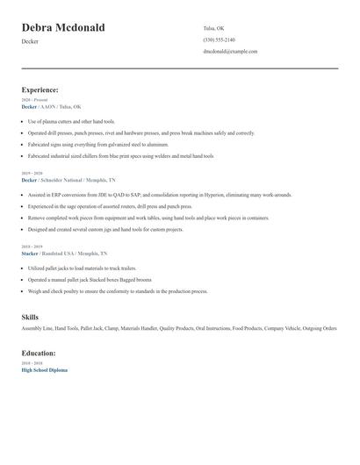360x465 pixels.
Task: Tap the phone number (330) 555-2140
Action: pos(219,39)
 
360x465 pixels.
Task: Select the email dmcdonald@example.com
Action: pos(230,51)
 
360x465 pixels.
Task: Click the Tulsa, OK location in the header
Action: pos(214,28)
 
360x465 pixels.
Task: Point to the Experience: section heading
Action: pos(40,89)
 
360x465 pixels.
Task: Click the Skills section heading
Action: pos(30,317)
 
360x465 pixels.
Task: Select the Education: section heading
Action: pos(39,354)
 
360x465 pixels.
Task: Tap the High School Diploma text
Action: pos(44,370)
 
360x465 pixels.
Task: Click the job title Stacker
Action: pos(30,254)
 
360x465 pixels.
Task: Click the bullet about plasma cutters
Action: pos(71,121)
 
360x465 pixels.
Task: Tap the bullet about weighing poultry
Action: pos(118,291)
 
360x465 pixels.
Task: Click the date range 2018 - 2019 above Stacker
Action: pos(32,247)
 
